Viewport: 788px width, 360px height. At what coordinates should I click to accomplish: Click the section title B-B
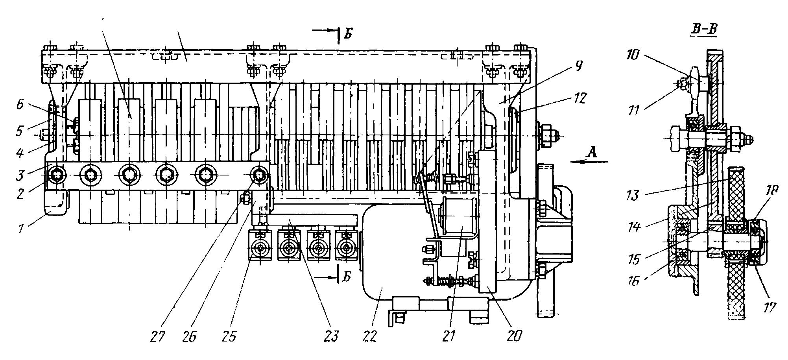point(704,29)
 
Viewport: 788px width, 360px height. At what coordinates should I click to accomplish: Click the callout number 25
point(230,337)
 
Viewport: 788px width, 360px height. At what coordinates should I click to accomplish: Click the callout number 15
point(634,260)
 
